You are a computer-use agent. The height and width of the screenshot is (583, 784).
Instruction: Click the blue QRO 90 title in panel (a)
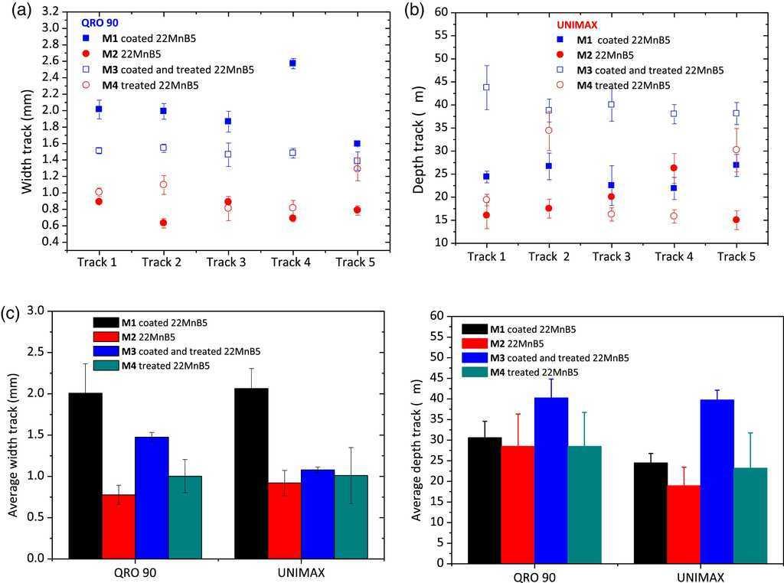[x=101, y=23]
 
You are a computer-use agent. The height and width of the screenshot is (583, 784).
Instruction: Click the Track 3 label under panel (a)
[x=227, y=262]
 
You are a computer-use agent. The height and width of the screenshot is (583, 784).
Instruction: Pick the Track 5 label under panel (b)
[x=735, y=256]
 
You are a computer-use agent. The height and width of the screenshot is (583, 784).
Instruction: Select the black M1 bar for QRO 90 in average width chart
[x=86, y=475]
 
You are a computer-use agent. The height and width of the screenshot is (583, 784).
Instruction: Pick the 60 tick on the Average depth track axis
[x=437, y=316]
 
